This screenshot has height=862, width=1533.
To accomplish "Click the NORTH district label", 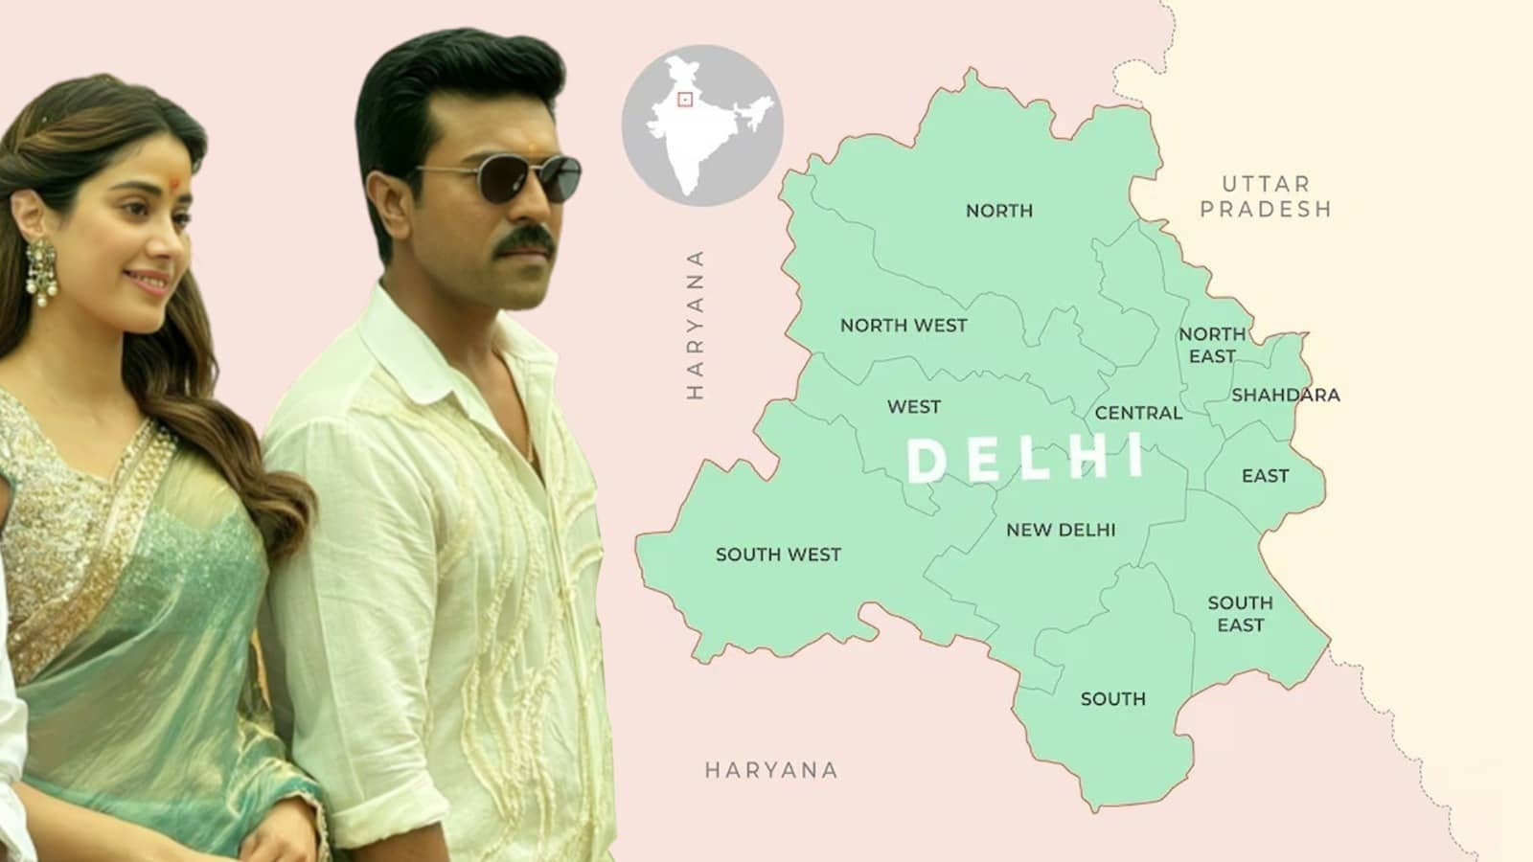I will (x=998, y=211).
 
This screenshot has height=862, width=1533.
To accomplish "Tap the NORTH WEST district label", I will (x=904, y=326).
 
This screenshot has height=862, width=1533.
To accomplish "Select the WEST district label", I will (x=913, y=407).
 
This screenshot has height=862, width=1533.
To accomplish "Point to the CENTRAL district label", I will (x=1138, y=413).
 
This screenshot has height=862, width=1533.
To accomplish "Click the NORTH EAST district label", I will (x=1212, y=345).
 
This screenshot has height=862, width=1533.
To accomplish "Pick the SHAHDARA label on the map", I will (x=1286, y=395).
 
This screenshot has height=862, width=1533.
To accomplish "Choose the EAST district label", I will (x=1265, y=476).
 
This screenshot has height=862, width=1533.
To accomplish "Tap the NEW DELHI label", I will (x=1061, y=530).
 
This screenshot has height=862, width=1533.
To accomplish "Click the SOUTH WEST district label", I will (x=778, y=555).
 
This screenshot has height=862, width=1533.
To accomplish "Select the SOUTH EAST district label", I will (x=1240, y=614).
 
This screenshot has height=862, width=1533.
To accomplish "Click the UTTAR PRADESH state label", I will (x=1266, y=196).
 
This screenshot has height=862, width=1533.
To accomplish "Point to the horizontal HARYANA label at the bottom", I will (x=771, y=770).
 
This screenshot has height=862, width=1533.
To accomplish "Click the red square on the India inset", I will (x=684, y=100).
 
